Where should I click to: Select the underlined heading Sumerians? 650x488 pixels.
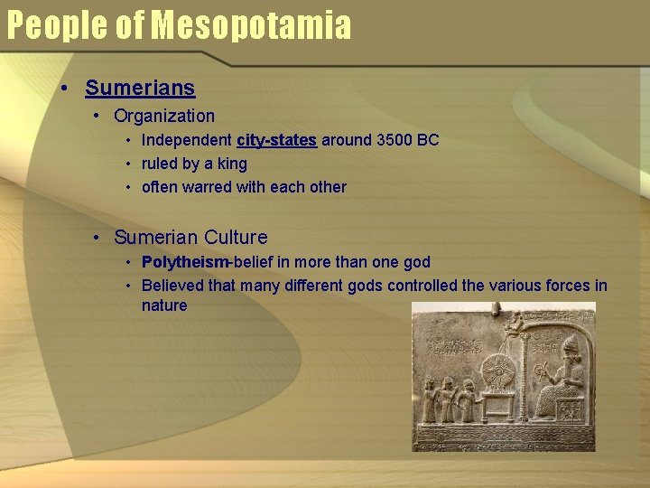pos(140,88)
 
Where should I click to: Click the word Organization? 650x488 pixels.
pos(164,116)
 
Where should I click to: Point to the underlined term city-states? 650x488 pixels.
pos(276,140)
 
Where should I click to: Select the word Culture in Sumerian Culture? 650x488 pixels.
pos(236,238)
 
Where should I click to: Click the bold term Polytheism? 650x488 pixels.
pos(186,262)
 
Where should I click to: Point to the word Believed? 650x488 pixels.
pos(173,286)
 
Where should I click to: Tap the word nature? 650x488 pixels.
pos(164,305)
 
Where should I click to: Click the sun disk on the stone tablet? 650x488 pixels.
pos(497,373)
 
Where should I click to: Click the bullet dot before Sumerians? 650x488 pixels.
pos(65,89)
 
